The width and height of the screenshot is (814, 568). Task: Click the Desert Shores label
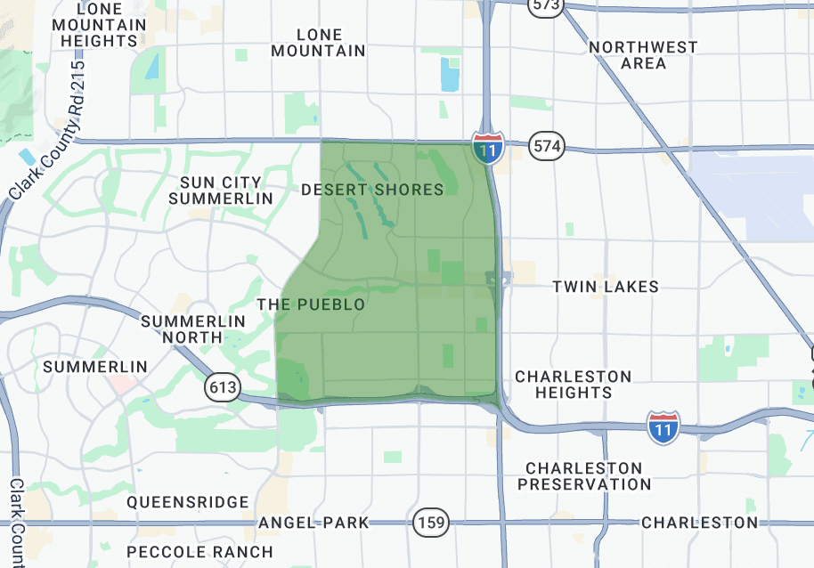[372, 190]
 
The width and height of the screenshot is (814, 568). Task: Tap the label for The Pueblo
[311, 304]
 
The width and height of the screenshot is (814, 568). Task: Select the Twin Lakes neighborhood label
[606, 287]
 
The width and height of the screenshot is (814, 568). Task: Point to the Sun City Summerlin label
[221, 191]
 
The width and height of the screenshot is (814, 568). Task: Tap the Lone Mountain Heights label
[99, 25]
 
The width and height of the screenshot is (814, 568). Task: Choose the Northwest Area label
[643, 55]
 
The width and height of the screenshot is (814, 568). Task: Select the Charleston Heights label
[574, 385]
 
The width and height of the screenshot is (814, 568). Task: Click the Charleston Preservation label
[585, 476]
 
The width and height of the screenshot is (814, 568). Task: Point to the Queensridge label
[188, 502]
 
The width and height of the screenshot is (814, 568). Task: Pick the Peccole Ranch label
[199, 552]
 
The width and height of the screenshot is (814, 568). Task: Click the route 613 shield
[222, 387]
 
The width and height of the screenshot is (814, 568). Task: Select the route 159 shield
[431, 523]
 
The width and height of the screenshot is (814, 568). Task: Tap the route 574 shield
[546, 146]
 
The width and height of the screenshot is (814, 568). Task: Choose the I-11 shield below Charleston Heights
[663, 427]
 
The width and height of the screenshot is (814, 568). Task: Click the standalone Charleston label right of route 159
[699, 523]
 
